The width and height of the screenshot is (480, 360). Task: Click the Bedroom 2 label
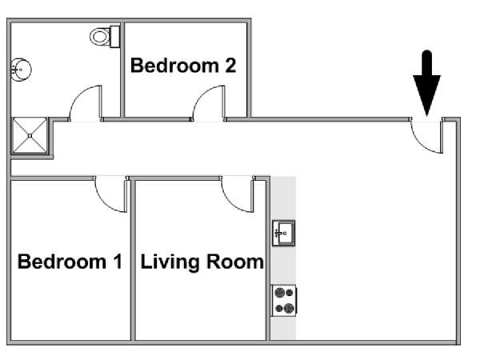183,66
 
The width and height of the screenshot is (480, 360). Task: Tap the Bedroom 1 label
70,262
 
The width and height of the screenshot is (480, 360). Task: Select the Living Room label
202,262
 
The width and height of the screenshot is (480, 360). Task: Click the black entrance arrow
426,83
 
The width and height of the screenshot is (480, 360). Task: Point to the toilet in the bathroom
105,37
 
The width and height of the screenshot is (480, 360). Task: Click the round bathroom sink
21,70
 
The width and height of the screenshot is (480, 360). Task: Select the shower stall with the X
30,135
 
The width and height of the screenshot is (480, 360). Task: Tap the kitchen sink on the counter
283,233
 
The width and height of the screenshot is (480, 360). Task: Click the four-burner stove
284,300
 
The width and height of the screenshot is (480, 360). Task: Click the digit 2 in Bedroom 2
230,66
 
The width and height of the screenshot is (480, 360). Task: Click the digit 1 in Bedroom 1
118,262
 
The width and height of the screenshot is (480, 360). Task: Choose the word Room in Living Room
234,262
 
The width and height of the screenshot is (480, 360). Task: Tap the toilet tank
114,37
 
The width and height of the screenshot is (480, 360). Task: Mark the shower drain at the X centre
30,136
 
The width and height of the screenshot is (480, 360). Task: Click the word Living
170,262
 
